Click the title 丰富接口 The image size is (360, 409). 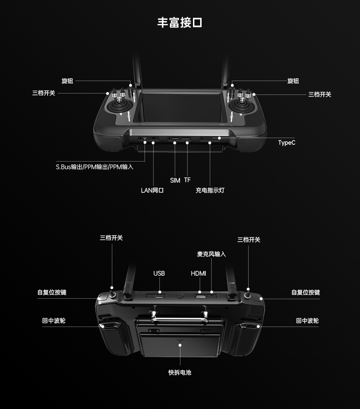(180, 23)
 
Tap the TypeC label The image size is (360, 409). (287, 143)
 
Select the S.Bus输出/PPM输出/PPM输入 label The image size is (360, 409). (95, 167)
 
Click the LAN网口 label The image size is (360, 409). (152, 190)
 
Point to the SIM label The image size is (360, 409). (175, 180)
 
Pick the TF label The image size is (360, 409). (188, 180)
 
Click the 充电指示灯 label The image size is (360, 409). (210, 190)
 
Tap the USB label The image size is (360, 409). (159, 273)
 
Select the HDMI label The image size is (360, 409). (198, 273)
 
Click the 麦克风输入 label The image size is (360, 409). (212, 254)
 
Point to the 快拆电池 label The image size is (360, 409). (180, 373)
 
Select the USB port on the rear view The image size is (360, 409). (159, 296)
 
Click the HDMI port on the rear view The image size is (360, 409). (201, 297)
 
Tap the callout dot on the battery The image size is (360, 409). (180, 345)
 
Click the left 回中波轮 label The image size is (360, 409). (54, 321)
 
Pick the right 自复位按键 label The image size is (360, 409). (306, 292)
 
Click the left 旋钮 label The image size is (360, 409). (67, 81)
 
